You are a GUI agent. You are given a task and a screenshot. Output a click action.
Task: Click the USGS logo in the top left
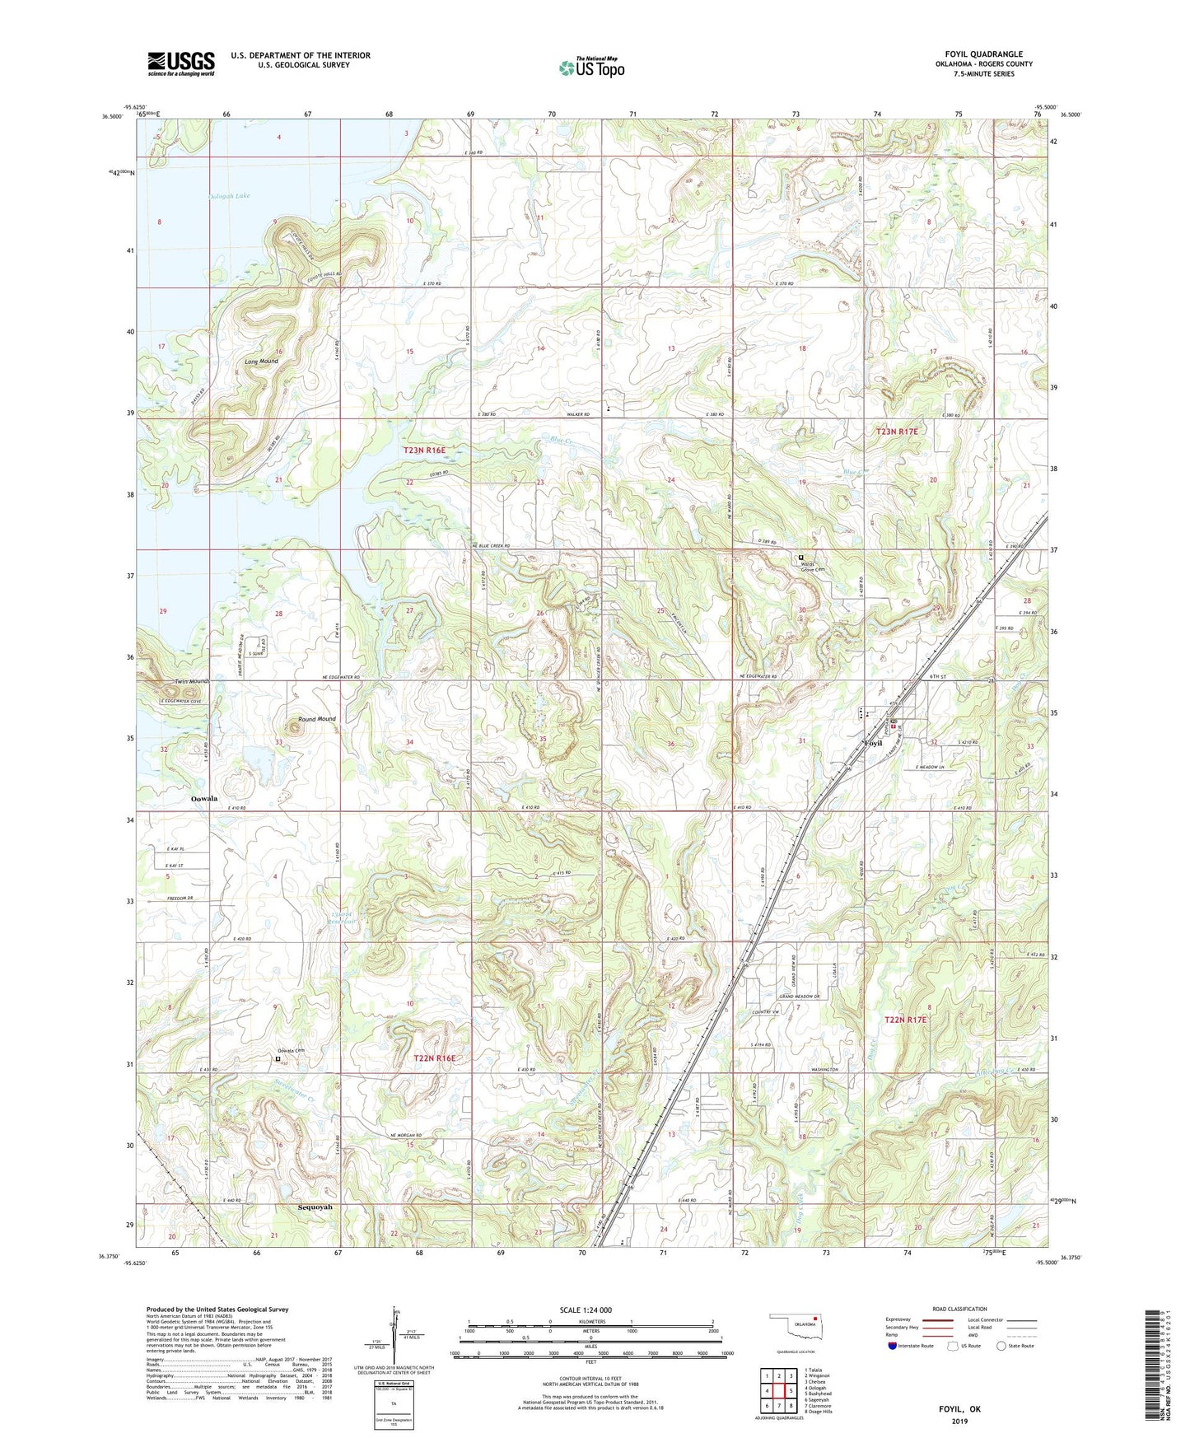(181, 63)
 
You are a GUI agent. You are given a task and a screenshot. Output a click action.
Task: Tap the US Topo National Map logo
(591, 67)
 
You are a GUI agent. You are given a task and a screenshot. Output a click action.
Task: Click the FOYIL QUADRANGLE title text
(983, 54)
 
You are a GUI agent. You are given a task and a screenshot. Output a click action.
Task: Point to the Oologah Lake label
(229, 196)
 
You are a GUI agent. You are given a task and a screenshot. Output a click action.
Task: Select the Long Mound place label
(261, 362)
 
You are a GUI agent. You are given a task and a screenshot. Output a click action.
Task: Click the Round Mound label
(317, 719)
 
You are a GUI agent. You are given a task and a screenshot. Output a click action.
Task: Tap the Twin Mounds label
(192, 682)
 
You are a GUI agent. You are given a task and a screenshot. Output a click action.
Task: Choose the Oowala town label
(203, 799)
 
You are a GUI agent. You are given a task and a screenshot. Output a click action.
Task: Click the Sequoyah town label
(320, 1207)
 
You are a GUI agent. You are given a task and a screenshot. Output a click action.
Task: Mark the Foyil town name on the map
(872, 743)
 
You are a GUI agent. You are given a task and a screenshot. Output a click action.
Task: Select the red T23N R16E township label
(424, 450)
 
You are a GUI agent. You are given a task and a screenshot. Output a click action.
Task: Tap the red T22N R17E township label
(905, 1020)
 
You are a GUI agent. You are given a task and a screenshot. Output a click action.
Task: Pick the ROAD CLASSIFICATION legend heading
(960, 1309)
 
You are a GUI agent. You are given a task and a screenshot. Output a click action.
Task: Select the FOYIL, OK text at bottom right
(960, 1409)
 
